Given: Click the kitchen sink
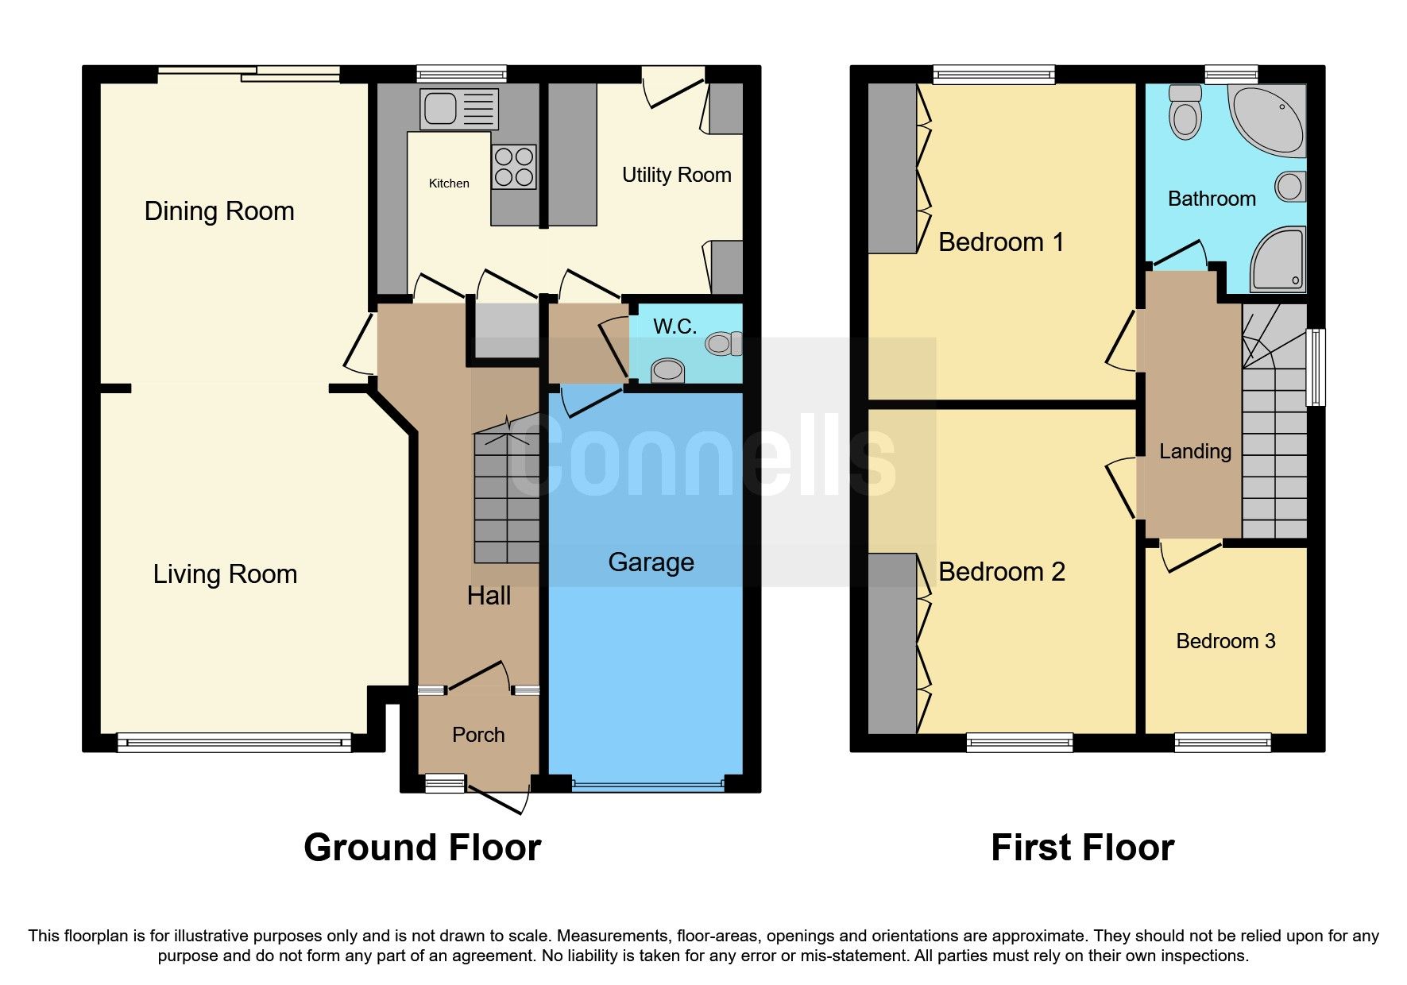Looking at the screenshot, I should click(458, 109).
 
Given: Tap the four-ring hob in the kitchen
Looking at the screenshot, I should click(514, 167).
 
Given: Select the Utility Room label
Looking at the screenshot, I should click(676, 175).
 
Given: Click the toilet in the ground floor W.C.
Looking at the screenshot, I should click(722, 343).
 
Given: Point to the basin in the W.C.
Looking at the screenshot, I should click(667, 371).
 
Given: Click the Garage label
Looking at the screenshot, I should click(651, 562).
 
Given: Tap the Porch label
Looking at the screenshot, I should click(478, 735).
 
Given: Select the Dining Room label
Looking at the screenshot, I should click(219, 211).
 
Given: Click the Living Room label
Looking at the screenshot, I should click(225, 574).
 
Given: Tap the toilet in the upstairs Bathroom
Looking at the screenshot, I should click(1185, 112).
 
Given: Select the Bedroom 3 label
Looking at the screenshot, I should click(1225, 641).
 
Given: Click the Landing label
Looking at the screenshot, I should click(1195, 451).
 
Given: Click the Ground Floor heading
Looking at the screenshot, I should click(422, 848).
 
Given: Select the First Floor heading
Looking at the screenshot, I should click(1082, 848).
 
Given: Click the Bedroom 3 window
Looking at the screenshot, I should click(1222, 743).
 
